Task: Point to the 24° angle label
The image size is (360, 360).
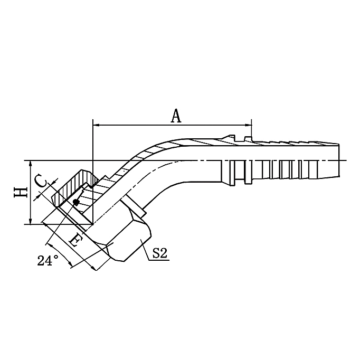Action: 48,260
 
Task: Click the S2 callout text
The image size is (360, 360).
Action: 159,254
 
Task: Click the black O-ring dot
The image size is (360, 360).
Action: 77,202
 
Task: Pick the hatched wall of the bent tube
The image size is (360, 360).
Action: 158,146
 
